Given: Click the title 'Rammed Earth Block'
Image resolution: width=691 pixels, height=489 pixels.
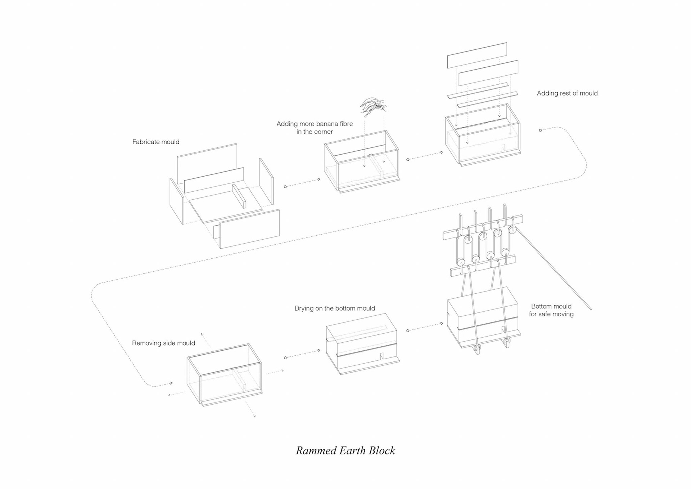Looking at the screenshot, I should (x=345, y=450).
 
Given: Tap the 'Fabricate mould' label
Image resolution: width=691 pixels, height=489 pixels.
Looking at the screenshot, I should (x=155, y=142).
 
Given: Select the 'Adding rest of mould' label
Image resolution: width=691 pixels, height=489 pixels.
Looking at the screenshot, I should (x=567, y=93).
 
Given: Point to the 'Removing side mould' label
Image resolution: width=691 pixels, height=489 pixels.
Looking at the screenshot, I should (x=163, y=343).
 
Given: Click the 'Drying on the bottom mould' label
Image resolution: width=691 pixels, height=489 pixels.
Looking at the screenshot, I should (x=334, y=308).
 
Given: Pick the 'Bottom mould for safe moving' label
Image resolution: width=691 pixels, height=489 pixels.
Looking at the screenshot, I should (x=551, y=310).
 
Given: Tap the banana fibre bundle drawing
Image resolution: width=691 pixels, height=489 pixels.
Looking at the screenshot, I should (x=373, y=107).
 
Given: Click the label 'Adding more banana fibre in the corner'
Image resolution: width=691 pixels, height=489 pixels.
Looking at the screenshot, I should (x=315, y=128).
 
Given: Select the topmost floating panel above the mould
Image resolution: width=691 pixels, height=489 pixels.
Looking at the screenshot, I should (x=477, y=55).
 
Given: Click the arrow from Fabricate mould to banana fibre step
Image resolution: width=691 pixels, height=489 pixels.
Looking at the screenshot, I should (x=302, y=183).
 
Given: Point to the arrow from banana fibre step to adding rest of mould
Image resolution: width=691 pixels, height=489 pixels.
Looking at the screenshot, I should (x=425, y=156).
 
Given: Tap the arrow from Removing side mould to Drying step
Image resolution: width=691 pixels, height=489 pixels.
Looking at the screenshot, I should (x=302, y=354).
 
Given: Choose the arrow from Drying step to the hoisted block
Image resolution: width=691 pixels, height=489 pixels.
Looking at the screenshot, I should (x=425, y=327).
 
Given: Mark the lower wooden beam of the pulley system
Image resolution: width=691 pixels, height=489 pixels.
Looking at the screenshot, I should (x=482, y=266).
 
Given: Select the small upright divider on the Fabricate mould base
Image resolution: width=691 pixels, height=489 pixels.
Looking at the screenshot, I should (x=239, y=196).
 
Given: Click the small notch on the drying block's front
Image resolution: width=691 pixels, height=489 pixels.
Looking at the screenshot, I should (x=382, y=357).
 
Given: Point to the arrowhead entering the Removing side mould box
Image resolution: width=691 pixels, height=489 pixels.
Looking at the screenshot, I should (x=171, y=383).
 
